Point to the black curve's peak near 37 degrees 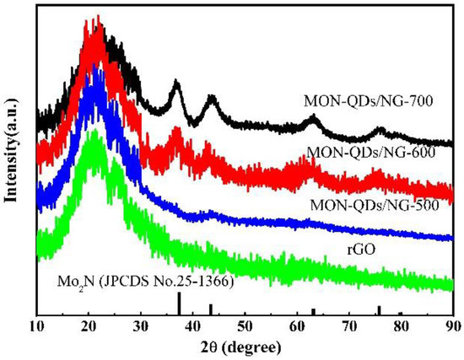pos(176,83)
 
